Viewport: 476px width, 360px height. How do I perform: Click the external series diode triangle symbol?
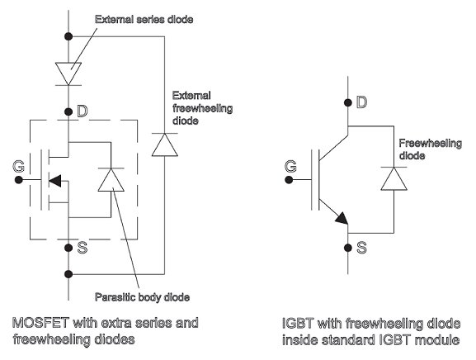[x=68, y=73]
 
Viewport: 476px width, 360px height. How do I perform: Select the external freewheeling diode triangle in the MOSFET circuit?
[x=165, y=144]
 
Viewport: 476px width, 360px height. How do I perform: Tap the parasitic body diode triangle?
[x=111, y=179]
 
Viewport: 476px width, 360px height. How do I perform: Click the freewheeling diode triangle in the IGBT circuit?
[x=394, y=178]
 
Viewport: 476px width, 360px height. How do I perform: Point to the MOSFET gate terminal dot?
[x=18, y=180]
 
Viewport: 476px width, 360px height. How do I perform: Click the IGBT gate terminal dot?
[x=289, y=180]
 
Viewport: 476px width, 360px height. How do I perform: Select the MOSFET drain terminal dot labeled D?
[x=68, y=111]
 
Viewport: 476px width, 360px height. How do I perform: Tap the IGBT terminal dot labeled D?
[x=348, y=102]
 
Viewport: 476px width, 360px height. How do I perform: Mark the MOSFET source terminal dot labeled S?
[x=68, y=248]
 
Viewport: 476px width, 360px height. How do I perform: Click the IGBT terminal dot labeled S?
[x=348, y=248]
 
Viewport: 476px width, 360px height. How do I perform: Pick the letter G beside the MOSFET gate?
[x=18, y=166]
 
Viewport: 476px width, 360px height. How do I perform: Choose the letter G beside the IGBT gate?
[x=290, y=166]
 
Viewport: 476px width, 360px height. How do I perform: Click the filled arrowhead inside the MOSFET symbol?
[x=55, y=181]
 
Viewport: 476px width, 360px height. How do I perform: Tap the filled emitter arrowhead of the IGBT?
[x=342, y=219]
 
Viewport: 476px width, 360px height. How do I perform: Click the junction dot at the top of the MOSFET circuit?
[x=68, y=36]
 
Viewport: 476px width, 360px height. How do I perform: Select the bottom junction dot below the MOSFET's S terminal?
[x=68, y=274]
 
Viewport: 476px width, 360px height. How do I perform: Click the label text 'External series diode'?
[x=144, y=20]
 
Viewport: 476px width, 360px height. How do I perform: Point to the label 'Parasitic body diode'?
[x=143, y=296]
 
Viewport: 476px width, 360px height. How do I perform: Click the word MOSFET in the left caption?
[x=40, y=323]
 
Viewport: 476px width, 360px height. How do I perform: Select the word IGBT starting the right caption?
[x=298, y=323]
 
